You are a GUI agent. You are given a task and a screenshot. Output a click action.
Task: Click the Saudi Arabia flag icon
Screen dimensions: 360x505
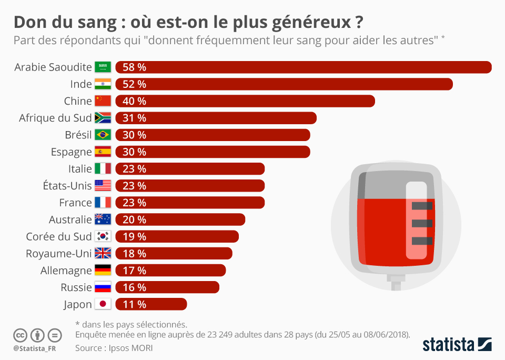tap(103, 67)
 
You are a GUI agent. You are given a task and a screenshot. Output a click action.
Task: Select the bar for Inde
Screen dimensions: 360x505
tap(284, 84)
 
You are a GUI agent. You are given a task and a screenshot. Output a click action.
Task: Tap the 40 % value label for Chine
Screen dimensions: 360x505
tap(134, 101)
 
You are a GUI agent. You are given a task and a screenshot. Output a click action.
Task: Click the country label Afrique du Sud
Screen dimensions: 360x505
tap(55, 118)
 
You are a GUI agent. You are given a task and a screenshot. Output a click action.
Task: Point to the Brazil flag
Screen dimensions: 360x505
tap(103, 135)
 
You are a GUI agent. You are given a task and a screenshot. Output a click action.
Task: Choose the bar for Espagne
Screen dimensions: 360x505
tap(213, 152)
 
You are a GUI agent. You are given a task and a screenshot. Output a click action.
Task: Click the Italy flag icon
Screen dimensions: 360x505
tap(103, 169)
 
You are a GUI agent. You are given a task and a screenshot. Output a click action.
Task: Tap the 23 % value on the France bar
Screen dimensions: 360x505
tap(134, 203)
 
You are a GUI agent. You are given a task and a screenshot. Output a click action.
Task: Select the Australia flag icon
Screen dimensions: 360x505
tap(103, 219)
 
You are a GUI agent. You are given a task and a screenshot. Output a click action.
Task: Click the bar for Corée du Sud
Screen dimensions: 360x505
tap(177, 236)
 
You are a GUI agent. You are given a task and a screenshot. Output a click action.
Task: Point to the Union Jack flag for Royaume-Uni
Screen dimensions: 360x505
tap(103, 254)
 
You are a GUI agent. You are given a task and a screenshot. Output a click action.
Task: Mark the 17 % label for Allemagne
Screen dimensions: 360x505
tap(134, 271)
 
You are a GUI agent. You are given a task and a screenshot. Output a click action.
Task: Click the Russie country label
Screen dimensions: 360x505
tap(76, 287)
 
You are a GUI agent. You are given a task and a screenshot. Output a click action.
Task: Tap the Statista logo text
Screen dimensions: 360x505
tap(448, 345)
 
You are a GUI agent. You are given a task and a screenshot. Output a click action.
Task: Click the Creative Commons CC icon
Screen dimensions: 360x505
tap(20, 335)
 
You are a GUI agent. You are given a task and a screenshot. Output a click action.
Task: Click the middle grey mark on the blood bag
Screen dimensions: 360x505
tap(422, 223)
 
